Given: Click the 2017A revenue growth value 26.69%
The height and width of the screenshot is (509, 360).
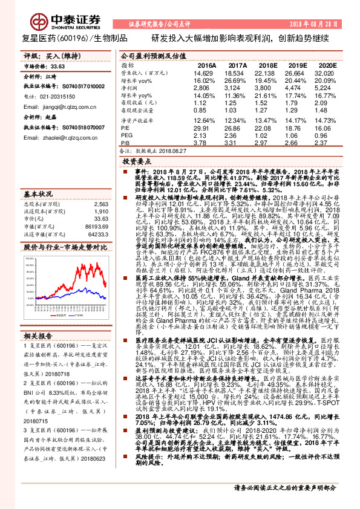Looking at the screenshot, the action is pyautogui.click(x=238, y=80).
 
